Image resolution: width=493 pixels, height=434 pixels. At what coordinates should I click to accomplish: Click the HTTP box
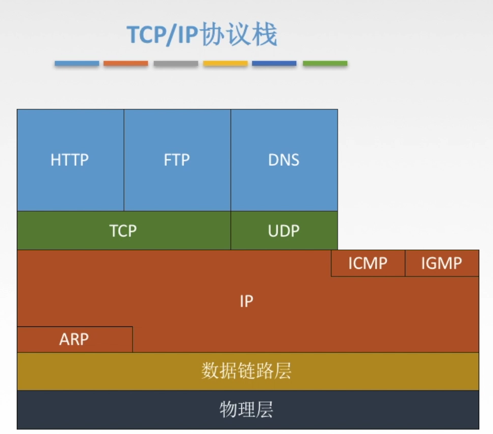70,160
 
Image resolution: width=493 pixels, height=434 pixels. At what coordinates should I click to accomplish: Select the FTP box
177,160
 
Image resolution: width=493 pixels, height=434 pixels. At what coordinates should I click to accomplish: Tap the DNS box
284,160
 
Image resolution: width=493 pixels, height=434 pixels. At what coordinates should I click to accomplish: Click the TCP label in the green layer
123,231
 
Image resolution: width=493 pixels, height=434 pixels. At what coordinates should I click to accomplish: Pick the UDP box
284,231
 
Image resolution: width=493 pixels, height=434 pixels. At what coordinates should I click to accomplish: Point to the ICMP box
368,263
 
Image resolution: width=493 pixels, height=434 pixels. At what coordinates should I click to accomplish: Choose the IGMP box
442,263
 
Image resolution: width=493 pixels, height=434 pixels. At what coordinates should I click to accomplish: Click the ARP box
74,339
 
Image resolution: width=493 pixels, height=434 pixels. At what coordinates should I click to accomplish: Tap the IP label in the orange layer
246,301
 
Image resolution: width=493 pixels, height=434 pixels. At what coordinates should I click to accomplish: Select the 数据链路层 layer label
246,371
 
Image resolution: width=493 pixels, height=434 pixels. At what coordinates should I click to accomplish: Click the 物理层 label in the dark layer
246,410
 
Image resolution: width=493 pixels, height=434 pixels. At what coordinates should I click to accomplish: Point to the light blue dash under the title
77,64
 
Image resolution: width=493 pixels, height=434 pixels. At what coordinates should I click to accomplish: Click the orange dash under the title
126,64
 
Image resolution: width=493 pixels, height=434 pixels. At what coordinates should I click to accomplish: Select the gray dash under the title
176,64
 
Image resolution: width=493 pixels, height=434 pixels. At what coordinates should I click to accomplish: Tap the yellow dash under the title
225,64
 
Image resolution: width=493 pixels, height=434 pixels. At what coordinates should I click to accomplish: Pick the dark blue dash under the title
274,64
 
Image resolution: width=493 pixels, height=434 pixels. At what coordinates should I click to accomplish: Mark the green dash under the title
325,64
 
